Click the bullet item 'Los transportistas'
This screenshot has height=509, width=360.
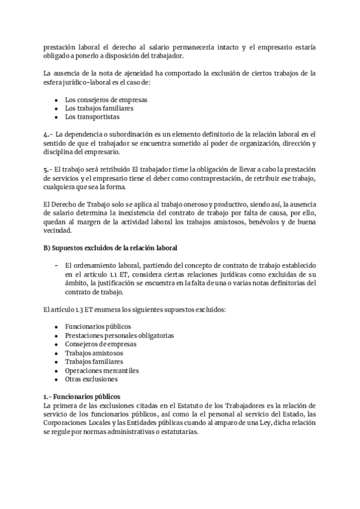click(x=92, y=117)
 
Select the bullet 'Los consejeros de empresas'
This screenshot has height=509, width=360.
click(x=106, y=99)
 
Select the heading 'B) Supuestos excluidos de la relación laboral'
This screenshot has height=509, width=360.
click(x=110, y=247)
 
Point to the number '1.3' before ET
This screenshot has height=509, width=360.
click(x=75, y=309)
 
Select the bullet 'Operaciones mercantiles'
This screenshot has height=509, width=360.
click(x=101, y=370)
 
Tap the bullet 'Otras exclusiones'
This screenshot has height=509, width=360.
click(x=92, y=379)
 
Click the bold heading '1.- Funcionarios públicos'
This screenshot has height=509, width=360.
click(x=82, y=397)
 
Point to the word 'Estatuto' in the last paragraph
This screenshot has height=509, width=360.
click(x=189, y=406)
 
